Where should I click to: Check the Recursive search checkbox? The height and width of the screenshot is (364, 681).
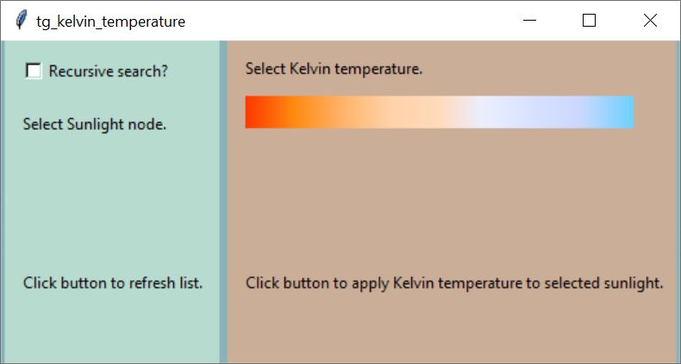pos(34,71)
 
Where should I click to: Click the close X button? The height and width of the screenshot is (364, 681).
pos(650,21)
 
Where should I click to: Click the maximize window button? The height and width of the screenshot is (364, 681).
pos(589,21)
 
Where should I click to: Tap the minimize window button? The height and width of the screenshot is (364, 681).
pos(529,21)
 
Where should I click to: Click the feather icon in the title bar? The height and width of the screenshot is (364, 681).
pos(21,20)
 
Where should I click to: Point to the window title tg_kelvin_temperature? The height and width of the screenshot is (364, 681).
pos(110,22)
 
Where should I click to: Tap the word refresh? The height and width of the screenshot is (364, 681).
pos(152,283)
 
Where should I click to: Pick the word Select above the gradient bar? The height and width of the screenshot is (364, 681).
pos(266,69)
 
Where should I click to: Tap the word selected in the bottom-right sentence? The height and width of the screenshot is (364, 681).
pos(572,283)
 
